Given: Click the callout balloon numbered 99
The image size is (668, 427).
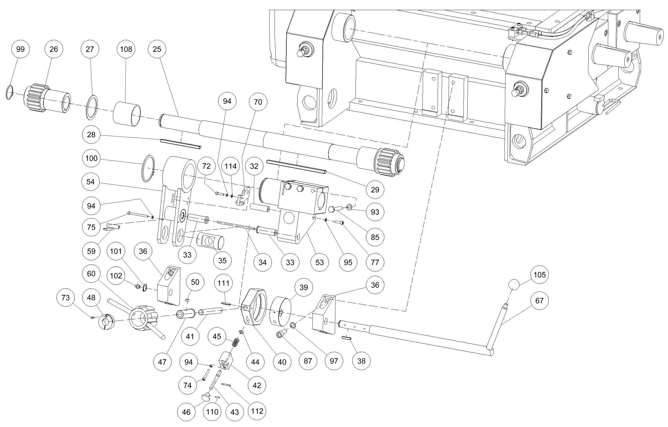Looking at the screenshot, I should point(20,49).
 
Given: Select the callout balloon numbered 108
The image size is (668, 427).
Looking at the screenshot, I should point(126,49).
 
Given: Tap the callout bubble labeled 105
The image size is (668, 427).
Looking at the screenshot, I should point(539,275).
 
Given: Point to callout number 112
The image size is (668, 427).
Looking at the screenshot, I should point(257,411).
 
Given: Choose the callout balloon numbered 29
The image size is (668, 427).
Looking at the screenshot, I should point(375,190).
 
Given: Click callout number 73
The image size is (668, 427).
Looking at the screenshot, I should point(66,298).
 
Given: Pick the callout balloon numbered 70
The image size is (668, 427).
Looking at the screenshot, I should point(258,102).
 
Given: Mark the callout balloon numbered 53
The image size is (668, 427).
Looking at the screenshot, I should point(320,262).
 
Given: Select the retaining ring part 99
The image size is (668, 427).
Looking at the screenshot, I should point(9,92).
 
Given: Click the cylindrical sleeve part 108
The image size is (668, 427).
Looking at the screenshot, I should point(127,114).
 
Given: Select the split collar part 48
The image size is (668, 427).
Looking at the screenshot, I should point(107,322).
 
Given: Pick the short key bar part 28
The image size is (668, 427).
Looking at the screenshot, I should point(181,144).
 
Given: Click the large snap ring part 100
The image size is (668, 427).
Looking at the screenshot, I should point(148,169).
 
